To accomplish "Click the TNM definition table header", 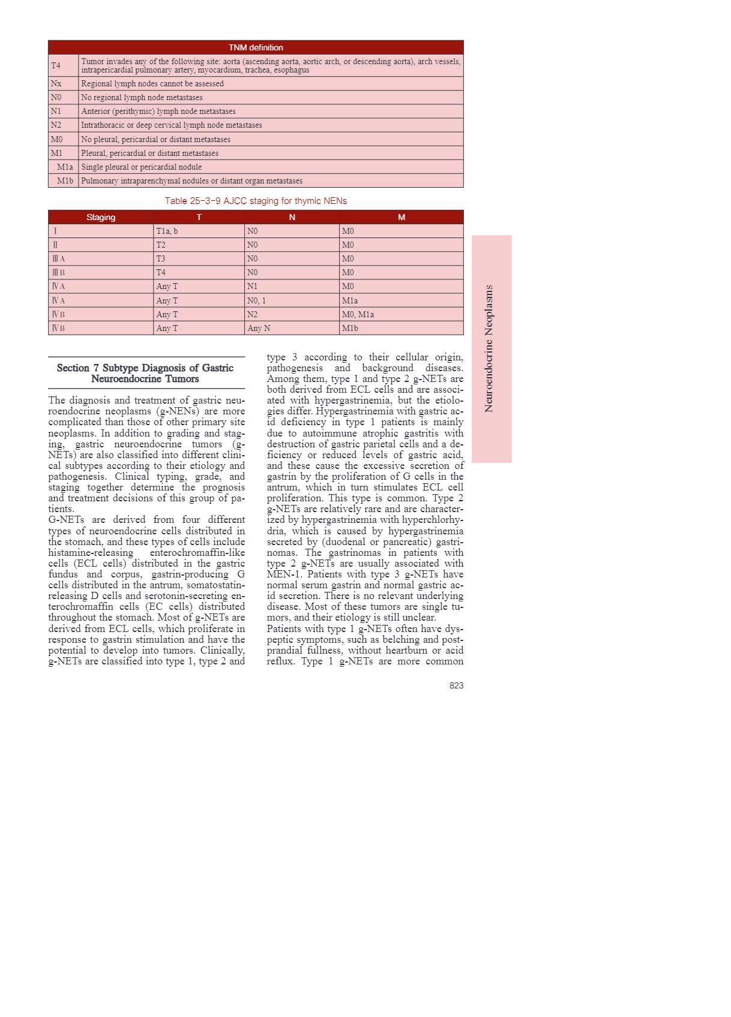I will point(256,47).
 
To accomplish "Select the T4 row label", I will point(56,65).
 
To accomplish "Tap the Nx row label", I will point(56,83).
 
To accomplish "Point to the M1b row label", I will point(65,180).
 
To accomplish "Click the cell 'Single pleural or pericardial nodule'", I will point(142,167).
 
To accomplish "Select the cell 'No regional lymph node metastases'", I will point(142,97).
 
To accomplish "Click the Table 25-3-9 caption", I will point(256,201).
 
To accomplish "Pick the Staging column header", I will point(101,217).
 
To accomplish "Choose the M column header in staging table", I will point(402,217).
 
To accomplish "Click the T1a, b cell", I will point(167,231).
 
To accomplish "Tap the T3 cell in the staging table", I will point(161,258).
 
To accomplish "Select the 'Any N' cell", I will point(259,328).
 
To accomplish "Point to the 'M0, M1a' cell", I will point(358,314).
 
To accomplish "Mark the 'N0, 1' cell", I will point(256,300).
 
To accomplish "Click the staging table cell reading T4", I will point(161,272).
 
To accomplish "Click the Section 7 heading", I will point(145,373).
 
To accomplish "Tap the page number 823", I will point(456,685).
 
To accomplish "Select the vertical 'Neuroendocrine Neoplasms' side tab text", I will point(489,348).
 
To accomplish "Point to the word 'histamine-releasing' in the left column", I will point(91,552).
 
